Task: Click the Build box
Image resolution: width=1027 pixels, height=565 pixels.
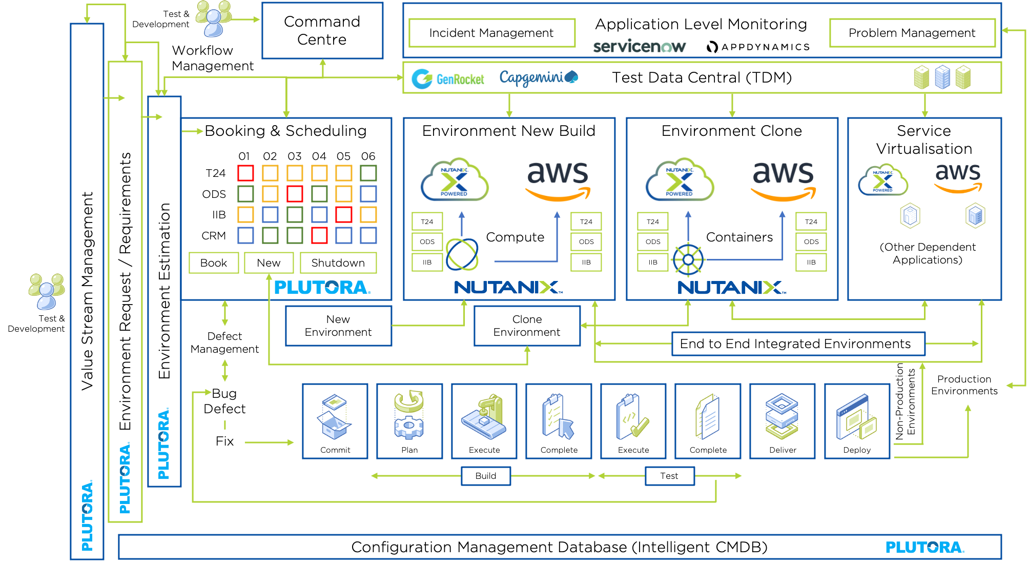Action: click(x=485, y=476)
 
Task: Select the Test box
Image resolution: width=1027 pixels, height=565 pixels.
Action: click(x=669, y=476)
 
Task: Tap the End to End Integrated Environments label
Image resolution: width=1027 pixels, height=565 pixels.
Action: click(x=797, y=344)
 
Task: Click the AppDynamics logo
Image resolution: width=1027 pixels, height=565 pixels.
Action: click(x=759, y=47)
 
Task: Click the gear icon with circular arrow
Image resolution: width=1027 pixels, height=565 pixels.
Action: click(x=408, y=415)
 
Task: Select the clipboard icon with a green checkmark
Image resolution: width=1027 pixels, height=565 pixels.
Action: click(x=632, y=416)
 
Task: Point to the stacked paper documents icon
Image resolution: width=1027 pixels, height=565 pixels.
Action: click(x=708, y=416)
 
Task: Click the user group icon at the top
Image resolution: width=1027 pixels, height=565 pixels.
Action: click(x=214, y=18)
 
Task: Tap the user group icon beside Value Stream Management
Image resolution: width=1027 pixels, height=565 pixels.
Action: click(x=47, y=291)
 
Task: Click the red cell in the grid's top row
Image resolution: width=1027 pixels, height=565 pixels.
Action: click(x=250, y=173)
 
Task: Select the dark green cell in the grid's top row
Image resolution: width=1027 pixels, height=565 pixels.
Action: click(x=375, y=173)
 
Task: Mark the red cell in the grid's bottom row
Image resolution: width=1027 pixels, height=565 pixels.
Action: click(x=323, y=235)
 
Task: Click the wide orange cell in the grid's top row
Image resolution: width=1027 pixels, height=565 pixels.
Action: click(x=311, y=173)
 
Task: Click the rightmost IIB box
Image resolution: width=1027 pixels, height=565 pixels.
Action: click(x=811, y=263)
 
